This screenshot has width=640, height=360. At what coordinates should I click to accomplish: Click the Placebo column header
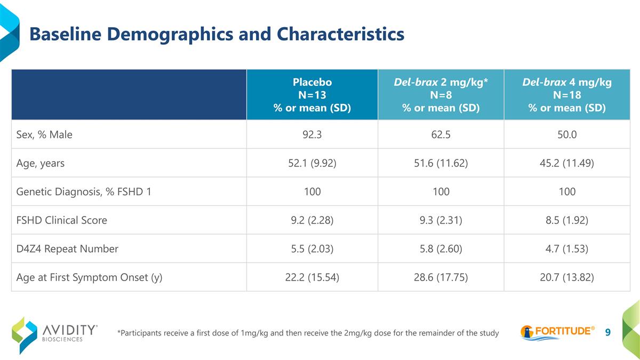(x=312, y=94)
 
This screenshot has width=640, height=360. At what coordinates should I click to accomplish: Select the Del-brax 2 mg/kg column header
(x=441, y=94)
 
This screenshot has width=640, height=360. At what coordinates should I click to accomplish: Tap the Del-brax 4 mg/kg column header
(x=567, y=94)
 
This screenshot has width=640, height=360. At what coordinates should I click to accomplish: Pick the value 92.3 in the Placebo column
(x=312, y=134)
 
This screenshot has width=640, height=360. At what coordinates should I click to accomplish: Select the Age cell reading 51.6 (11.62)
(x=441, y=163)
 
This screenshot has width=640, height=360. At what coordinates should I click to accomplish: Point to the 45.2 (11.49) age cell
(x=567, y=163)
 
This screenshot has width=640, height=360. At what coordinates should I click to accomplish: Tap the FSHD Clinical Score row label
(x=62, y=220)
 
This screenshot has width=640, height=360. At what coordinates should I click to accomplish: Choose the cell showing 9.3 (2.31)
(x=441, y=220)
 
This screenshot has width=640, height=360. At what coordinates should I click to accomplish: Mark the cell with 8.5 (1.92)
(x=567, y=220)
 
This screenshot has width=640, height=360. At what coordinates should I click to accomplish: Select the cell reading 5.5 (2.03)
(x=312, y=249)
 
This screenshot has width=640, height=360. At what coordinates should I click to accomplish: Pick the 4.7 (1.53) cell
(x=567, y=249)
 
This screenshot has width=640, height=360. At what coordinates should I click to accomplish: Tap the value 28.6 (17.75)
(x=441, y=277)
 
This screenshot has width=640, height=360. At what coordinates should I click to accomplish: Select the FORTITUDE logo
(x=558, y=332)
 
